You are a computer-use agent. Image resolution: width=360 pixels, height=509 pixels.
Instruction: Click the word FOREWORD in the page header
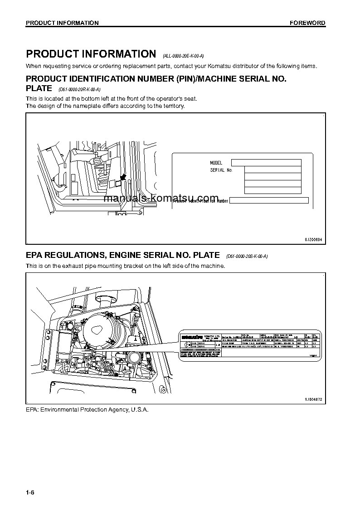(x=307, y=23)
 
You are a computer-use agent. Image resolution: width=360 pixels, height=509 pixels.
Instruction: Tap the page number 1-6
(x=30, y=492)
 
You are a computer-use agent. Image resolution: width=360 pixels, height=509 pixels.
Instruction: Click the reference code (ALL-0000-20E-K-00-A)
(x=183, y=56)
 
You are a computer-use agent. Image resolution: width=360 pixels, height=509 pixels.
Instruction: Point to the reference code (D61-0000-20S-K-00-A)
(x=247, y=257)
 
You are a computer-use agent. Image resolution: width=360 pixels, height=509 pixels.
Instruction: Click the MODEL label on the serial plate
(x=216, y=163)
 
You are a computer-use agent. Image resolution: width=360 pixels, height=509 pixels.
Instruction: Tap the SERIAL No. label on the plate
(x=221, y=170)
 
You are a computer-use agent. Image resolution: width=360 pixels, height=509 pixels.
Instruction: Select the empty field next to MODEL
(x=266, y=163)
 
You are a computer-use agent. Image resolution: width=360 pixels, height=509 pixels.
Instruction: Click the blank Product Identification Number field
(x=269, y=200)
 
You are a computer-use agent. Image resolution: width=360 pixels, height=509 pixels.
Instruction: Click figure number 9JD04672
(x=313, y=399)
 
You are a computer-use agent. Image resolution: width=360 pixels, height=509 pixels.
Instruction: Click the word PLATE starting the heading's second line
(x=39, y=88)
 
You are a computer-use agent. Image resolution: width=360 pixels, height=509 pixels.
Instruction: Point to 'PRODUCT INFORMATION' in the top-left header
(x=62, y=23)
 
